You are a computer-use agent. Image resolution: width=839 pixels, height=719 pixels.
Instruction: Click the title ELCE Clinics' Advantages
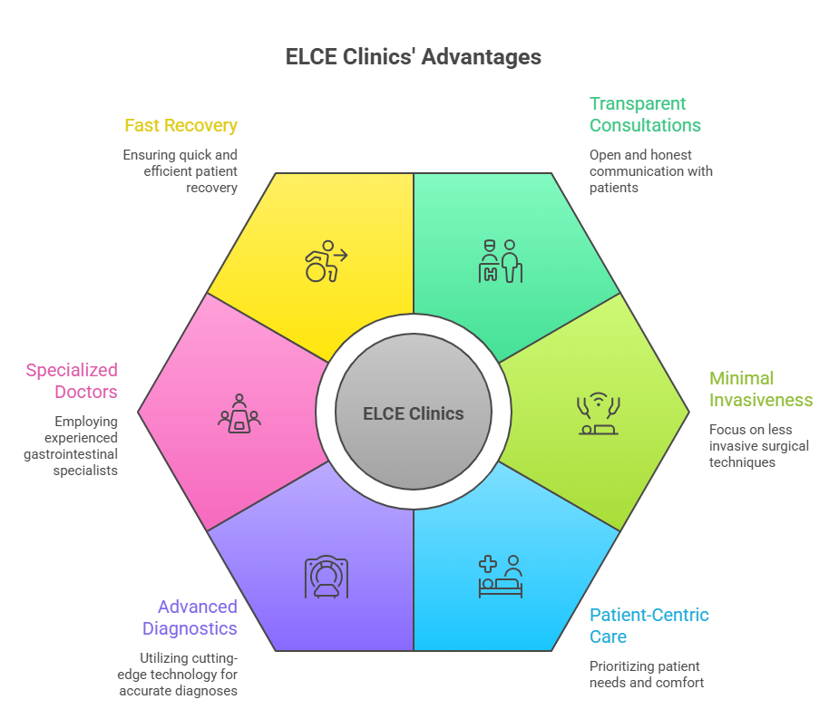pos(413,57)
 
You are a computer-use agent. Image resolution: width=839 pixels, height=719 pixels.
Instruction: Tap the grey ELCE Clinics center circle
pos(413,412)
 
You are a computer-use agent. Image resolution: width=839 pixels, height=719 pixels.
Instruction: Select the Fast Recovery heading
pos(180,125)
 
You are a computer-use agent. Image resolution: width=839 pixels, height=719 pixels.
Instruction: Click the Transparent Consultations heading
pos(645,114)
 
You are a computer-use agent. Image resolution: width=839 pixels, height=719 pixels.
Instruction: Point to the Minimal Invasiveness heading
pos(761,389)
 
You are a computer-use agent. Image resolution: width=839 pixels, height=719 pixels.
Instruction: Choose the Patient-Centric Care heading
pos(649,626)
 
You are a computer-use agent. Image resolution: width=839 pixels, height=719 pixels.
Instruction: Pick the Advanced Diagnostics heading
pos(190,617)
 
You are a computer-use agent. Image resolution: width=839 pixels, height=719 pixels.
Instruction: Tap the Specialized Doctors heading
pos(72,381)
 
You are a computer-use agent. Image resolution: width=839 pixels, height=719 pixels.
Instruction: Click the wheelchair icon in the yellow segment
pos(326,261)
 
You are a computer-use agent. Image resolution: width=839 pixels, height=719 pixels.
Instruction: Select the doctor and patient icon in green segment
pos(501,261)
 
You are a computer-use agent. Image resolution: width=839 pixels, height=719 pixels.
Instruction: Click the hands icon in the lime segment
pos(599,413)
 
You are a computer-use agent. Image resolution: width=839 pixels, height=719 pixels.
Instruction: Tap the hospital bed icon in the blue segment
pos(501,577)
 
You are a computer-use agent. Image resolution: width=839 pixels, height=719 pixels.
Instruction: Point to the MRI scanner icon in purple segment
pos(327,577)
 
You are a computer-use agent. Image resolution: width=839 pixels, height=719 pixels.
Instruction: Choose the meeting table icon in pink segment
pos(239,413)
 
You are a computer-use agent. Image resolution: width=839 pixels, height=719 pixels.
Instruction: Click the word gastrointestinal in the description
pos(71,454)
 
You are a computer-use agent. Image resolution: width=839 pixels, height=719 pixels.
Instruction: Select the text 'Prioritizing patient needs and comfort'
pos(647,674)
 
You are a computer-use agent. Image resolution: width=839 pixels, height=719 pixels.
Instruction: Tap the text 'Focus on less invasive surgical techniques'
pos(759,445)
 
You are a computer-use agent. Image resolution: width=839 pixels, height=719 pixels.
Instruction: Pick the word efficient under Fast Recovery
pos(167,171)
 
